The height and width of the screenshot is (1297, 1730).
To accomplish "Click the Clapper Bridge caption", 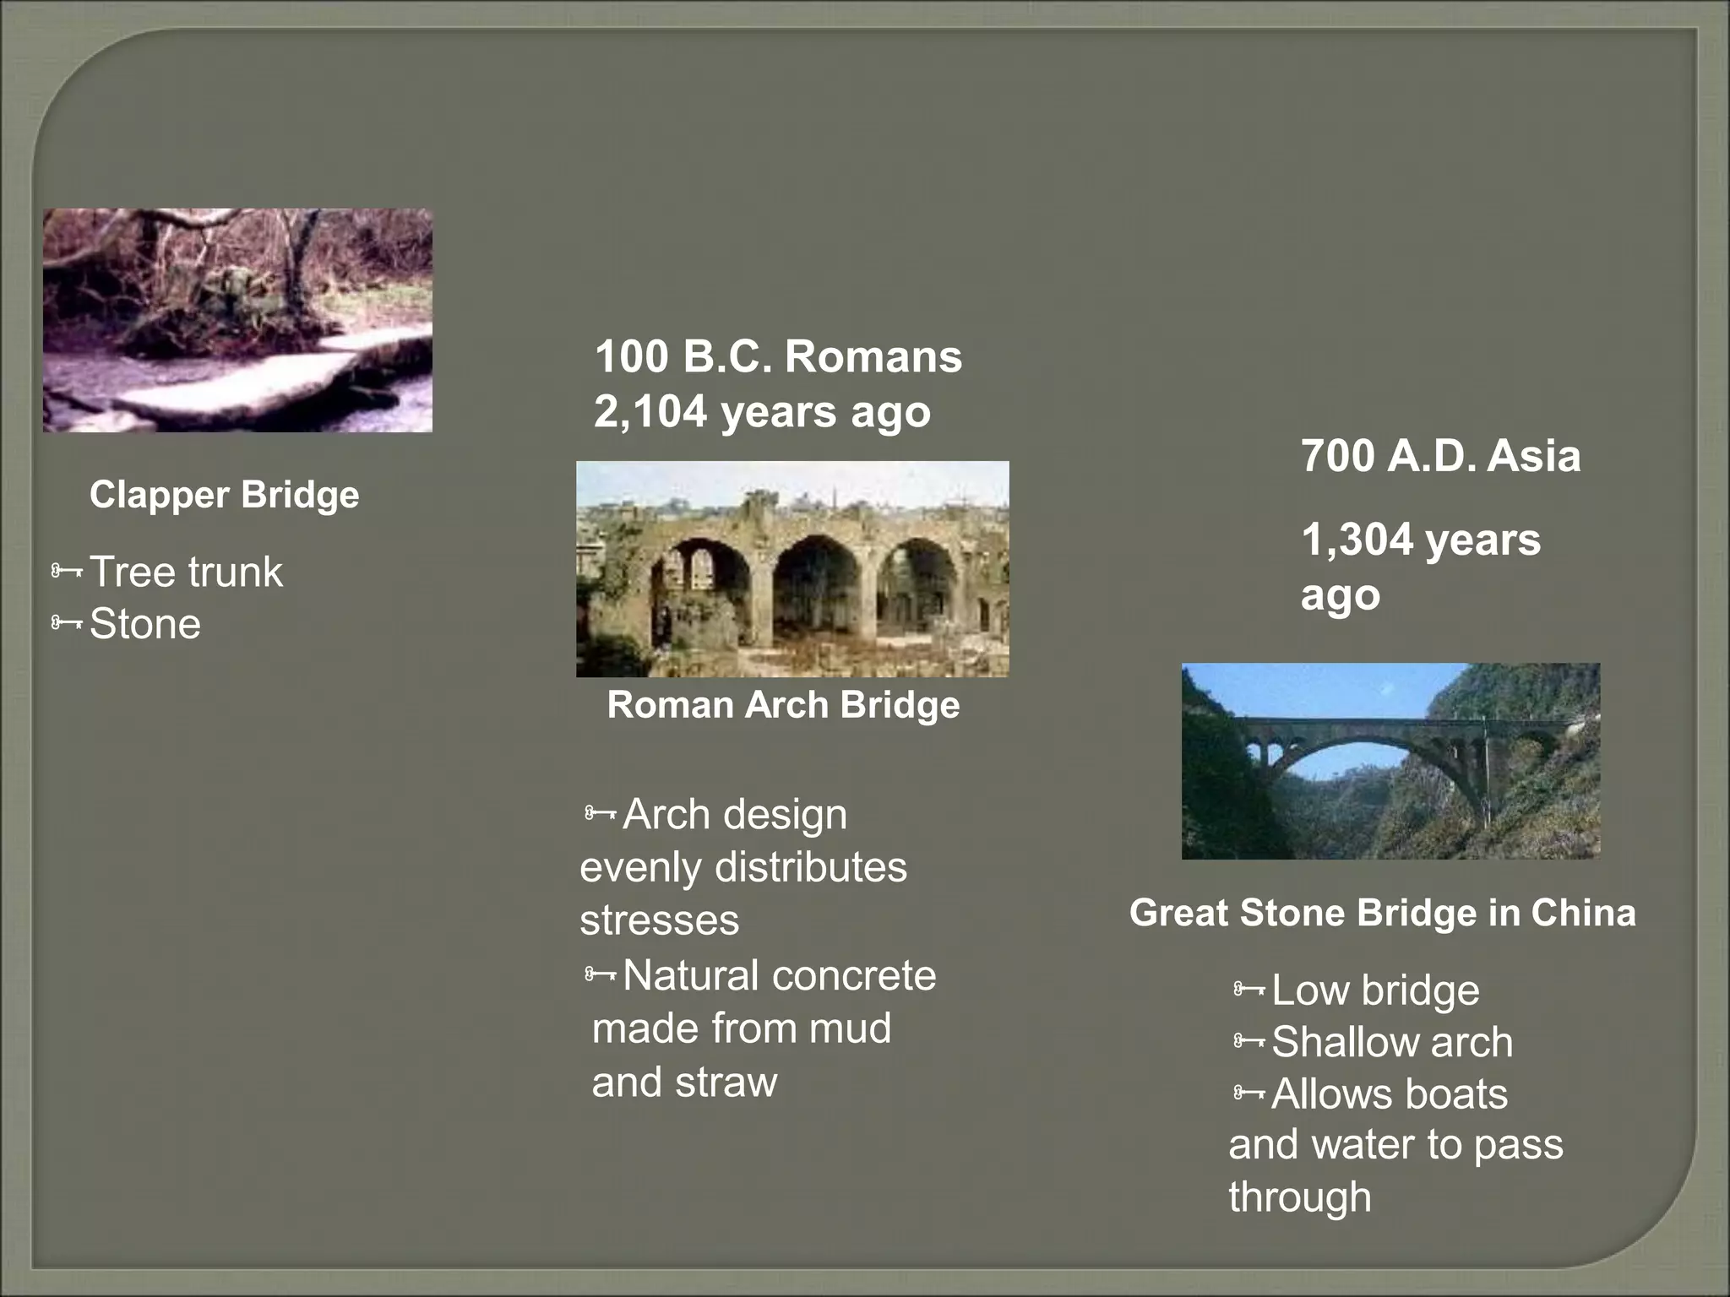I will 224,495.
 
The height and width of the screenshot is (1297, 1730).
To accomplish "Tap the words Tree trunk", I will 186,572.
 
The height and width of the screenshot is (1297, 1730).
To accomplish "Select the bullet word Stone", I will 145,624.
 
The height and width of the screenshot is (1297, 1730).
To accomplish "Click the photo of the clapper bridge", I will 237,321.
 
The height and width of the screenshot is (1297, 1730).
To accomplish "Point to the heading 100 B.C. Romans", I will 778,356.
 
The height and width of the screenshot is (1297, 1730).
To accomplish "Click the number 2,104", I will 650,412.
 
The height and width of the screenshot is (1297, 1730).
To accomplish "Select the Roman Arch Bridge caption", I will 783,705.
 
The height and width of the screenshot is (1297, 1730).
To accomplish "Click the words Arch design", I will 734,815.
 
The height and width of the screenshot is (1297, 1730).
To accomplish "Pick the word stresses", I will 659,920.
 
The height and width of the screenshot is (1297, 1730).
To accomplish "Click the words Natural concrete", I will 779,976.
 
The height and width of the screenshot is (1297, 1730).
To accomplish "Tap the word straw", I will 726,1083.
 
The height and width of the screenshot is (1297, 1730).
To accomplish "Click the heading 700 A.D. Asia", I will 1440,456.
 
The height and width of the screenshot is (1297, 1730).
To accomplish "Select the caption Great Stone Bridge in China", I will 1382,913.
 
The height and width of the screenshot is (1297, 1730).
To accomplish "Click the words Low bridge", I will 1374,990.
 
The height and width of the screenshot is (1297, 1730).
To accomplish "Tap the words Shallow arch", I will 1391,1042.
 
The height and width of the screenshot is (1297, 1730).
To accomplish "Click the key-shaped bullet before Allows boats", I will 1249,1093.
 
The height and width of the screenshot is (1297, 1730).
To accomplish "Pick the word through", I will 1299,1197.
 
